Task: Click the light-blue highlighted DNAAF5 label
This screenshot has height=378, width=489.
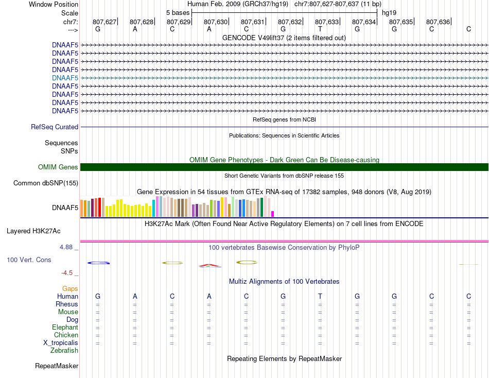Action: (x=65, y=78)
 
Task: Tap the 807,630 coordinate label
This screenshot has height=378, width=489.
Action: (x=216, y=22)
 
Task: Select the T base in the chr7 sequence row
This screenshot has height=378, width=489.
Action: (x=320, y=29)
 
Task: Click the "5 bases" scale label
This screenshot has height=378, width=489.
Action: (x=178, y=13)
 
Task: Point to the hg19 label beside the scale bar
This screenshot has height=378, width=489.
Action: (x=389, y=13)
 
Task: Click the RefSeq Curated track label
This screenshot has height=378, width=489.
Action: (x=55, y=127)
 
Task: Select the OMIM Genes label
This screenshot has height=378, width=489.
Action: (x=58, y=167)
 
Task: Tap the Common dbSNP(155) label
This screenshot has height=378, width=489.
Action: (x=45, y=183)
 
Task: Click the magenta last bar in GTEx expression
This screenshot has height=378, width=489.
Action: (x=273, y=214)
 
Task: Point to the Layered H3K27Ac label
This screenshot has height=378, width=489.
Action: (x=33, y=231)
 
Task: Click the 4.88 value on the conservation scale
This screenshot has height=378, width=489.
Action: (x=66, y=247)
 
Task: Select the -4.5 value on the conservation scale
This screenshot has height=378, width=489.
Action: (x=67, y=273)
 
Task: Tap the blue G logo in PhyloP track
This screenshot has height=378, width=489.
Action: (x=98, y=263)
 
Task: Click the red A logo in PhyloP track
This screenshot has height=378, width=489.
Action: (x=209, y=266)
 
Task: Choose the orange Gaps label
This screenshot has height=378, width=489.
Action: (x=70, y=289)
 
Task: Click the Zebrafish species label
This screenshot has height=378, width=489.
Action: (x=64, y=351)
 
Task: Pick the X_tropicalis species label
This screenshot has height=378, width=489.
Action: (x=61, y=343)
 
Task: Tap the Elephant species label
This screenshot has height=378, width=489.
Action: (x=65, y=328)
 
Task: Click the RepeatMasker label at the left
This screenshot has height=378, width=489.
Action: (x=57, y=366)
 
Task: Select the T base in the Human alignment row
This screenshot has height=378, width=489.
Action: (x=320, y=296)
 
